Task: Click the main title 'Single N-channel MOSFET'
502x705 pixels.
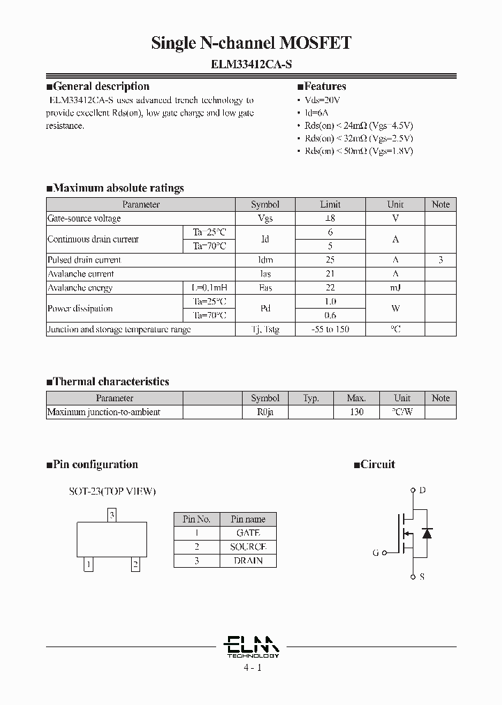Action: click(251, 43)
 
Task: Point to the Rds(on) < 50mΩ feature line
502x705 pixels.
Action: click(358, 150)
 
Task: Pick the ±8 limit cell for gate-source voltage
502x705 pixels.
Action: click(330, 218)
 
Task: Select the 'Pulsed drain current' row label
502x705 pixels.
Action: click(84, 260)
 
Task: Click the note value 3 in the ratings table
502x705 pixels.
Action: click(441, 260)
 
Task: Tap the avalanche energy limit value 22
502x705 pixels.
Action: click(330, 288)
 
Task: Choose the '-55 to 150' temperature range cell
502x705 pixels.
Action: click(330, 330)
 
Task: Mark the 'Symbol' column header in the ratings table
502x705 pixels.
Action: click(265, 204)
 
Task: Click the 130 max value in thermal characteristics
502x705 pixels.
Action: click(356, 412)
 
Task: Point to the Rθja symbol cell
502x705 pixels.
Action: click(265, 412)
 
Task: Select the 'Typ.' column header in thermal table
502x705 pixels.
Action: click(311, 398)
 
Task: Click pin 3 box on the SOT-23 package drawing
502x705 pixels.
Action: click(112, 516)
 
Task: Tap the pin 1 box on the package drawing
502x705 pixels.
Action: click(89, 565)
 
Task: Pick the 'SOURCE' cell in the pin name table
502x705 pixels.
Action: click(248, 547)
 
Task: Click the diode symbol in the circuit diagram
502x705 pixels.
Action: click(427, 534)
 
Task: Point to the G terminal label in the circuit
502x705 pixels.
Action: click(376, 552)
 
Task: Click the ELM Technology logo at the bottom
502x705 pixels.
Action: click(253, 645)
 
